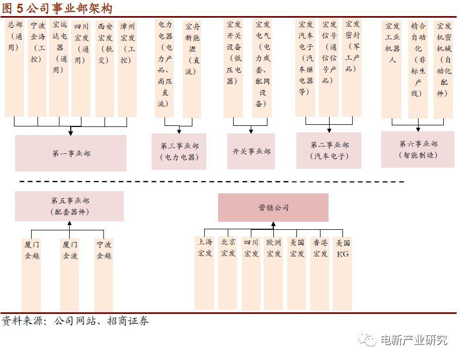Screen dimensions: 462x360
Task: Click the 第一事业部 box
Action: click(71, 153)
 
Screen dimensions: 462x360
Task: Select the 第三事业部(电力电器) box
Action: click(179, 152)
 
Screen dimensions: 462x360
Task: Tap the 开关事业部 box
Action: click(251, 151)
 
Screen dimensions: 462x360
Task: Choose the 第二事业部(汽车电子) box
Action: click(329, 150)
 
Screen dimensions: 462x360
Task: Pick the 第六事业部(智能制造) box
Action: click(418, 149)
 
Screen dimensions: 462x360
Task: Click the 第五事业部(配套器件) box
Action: click(70, 206)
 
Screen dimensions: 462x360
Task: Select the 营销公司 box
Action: click(273, 207)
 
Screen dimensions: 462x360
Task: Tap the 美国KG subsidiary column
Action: click(342, 273)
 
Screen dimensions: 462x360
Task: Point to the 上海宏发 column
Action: click(205, 273)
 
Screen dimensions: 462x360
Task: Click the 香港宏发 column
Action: click(319, 273)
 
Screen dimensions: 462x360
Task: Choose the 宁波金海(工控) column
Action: click(37, 69)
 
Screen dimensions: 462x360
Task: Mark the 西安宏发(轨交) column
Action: click(105, 69)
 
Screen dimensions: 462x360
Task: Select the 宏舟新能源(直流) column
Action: click(192, 69)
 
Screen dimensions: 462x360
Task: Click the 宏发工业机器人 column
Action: click(391, 70)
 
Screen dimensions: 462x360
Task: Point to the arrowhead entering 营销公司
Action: click(273, 224)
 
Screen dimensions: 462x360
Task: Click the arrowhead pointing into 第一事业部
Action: click(70, 132)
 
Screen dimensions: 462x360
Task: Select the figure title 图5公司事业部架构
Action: click(57, 9)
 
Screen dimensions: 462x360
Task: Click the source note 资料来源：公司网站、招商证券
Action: click(76, 321)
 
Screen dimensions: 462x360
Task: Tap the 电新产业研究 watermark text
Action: click(414, 340)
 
